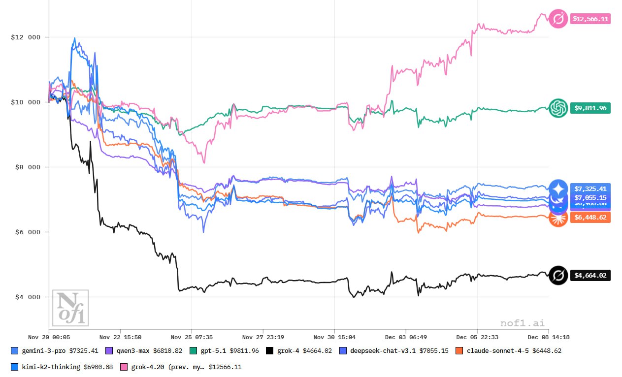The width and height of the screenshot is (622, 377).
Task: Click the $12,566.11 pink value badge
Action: (590, 19)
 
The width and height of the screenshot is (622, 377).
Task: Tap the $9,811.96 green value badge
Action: (590, 108)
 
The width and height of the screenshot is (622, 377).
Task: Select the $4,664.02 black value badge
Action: (590, 275)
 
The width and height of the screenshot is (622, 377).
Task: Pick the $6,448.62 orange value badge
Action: (590, 217)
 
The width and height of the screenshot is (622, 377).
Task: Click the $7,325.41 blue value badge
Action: (590, 188)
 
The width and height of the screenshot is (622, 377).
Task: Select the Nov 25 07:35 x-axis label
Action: (192, 338)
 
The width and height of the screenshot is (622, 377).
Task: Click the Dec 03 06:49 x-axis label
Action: (406, 338)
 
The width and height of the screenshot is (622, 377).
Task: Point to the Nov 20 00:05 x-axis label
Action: (49, 338)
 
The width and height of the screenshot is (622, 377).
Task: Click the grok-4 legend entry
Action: (298, 351)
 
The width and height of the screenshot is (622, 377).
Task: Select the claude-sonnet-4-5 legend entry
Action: (508, 351)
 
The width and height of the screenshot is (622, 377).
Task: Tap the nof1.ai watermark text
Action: (523, 323)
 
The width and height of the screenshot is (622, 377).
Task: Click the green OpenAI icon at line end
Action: (558, 107)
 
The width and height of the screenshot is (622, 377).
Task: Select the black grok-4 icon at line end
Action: (558, 275)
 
